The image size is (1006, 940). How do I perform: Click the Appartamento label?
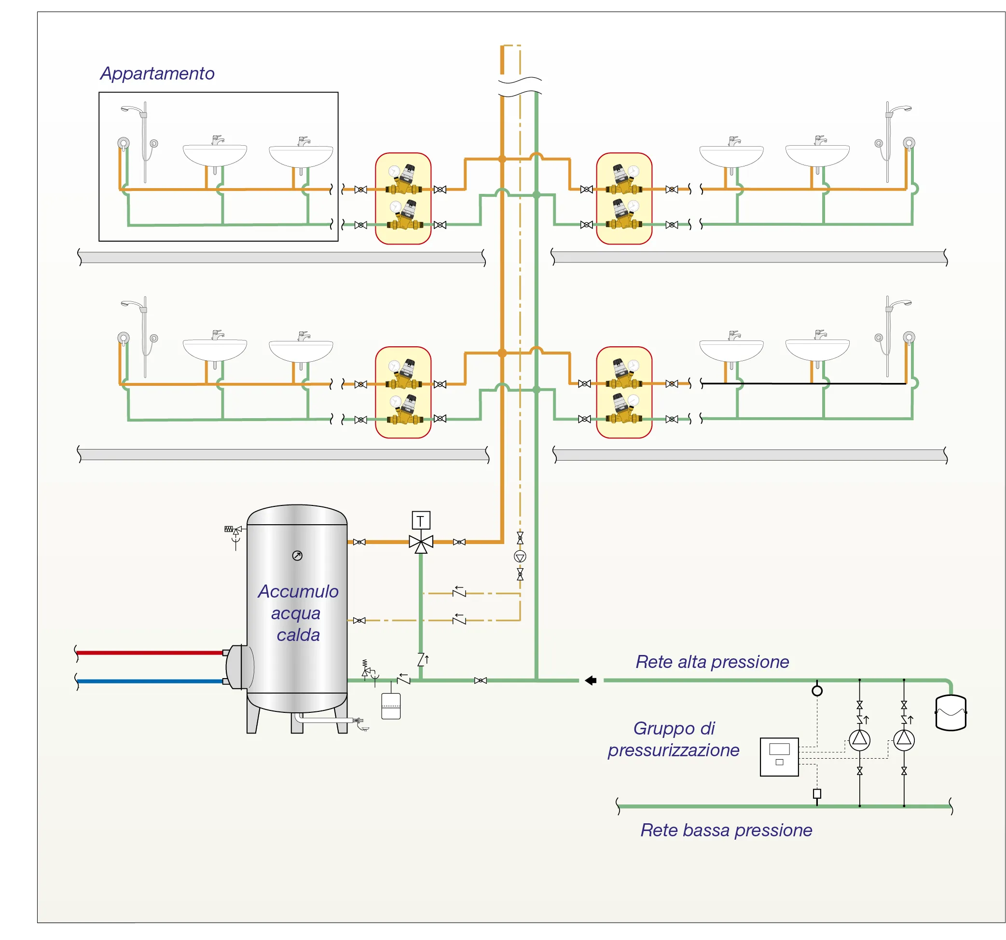coord(157,74)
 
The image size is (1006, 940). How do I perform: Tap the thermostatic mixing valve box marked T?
coord(421,520)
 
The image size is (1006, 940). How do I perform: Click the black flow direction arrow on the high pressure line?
coord(591,681)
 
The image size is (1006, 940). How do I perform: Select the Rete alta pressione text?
coord(712,662)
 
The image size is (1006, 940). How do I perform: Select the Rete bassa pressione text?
coord(726,830)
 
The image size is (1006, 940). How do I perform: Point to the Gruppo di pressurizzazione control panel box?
coord(779,757)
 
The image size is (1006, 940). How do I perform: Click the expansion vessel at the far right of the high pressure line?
coord(951,712)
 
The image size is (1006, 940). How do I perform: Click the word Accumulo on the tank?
coord(298,591)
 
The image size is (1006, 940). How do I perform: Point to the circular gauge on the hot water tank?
coord(297,556)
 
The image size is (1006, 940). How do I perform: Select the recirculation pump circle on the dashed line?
coord(520,557)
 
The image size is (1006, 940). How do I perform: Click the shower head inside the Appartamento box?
coord(132,109)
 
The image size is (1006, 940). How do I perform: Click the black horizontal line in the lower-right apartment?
coord(805,383)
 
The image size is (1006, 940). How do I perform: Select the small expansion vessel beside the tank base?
coord(391,706)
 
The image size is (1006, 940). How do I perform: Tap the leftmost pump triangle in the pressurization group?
coord(859,740)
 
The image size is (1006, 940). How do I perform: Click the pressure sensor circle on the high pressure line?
coord(817,691)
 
